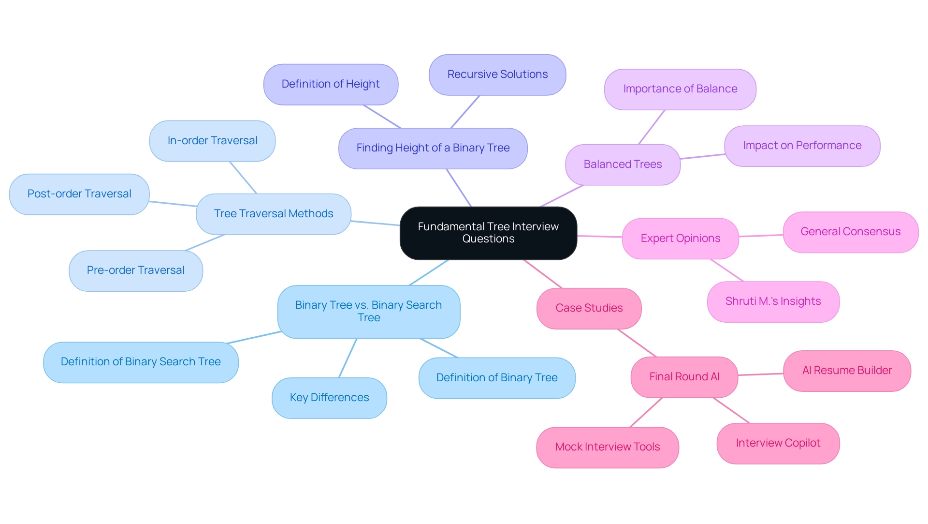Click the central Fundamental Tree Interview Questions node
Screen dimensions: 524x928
[x=488, y=233]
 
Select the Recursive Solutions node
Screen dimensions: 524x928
[x=497, y=75]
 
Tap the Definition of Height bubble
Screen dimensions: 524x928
[x=331, y=84]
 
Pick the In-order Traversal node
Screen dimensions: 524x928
[x=212, y=141]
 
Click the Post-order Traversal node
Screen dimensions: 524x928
[x=79, y=194]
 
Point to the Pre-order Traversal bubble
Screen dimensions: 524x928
[x=136, y=270]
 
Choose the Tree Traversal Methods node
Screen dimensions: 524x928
[x=274, y=214]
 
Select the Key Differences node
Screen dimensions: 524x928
[x=329, y=398]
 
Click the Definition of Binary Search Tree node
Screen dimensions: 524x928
[x=141, y=362]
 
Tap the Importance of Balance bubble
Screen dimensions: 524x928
[x=680, y=89]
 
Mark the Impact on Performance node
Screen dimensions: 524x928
[x=802, y=146]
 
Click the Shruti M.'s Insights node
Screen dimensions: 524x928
[x=773, y=301]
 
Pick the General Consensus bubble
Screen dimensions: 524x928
[x=850, y=232]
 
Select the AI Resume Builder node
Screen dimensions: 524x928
[x=847, y=371]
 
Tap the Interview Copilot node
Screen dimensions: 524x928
[x=778, y=443]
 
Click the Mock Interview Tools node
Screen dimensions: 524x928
[x=608, y=447]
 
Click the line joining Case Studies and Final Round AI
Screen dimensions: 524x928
[x=637, y=343]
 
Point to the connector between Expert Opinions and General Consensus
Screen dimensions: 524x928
[x=761, y=236]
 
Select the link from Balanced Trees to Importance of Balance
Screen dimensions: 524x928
[x=652, y=127]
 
